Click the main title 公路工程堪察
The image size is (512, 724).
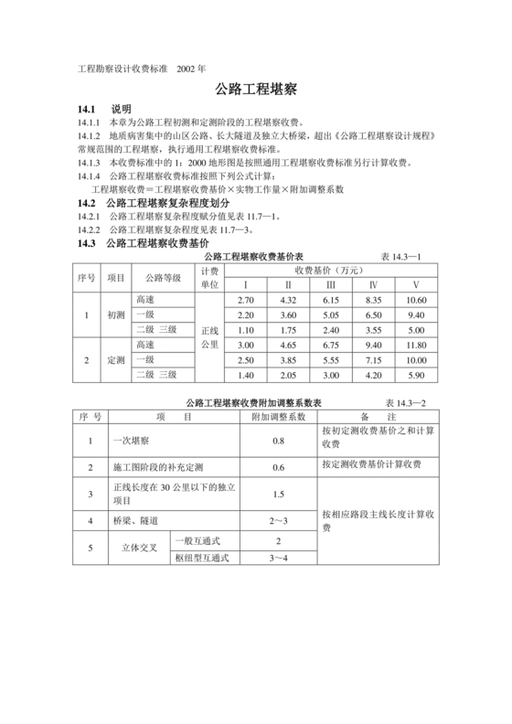pos(256,91)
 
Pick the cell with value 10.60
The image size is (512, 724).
pos(416,300)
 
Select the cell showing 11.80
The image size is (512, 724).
pos(416,345)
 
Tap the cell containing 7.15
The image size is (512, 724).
pos(373,359)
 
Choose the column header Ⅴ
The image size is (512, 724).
pos(416,285)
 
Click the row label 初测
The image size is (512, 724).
pos(116,314)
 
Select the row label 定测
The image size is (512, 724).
pos(116,359)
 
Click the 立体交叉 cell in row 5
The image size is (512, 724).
pos(141,548)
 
